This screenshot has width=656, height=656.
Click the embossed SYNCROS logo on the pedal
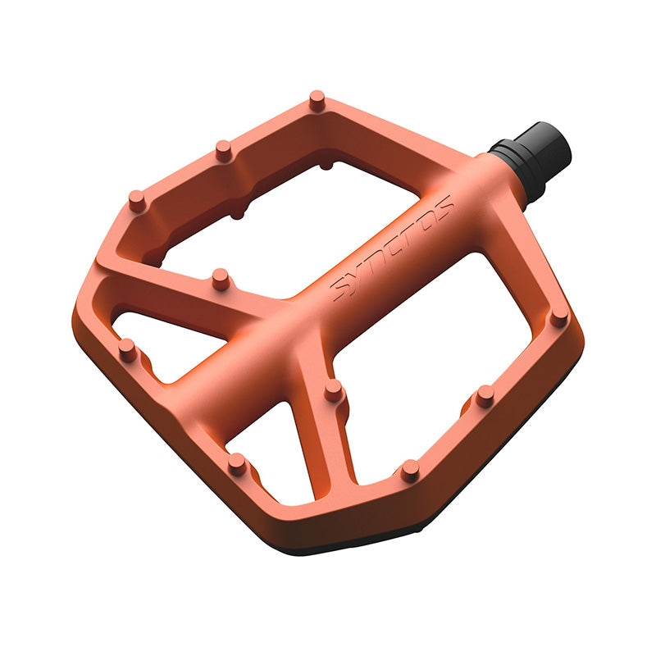(392, 248)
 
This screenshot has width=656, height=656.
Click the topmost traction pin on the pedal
(317, 100)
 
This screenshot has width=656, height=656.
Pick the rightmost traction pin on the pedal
(559, 318)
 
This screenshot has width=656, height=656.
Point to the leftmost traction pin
(128, 350)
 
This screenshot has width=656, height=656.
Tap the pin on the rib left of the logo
(221, 280)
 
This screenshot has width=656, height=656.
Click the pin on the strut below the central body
(334, 390)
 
